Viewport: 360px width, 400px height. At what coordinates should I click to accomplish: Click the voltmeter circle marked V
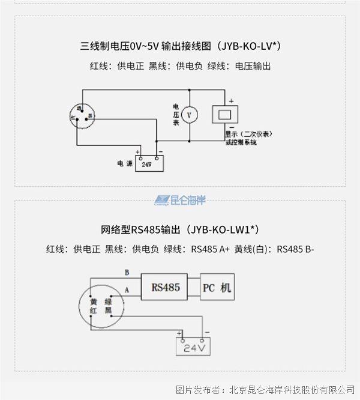point(190,114)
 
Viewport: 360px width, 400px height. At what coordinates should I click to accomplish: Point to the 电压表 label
point(176,114)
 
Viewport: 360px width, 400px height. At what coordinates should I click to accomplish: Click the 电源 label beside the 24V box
point(125,163)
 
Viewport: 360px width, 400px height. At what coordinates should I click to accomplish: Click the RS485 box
point(166,288)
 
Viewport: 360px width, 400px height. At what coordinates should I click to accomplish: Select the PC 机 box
point(216,288)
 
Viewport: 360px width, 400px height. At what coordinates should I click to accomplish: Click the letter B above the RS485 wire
point(127,272)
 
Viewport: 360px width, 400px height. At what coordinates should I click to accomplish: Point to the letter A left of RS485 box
point(127,289)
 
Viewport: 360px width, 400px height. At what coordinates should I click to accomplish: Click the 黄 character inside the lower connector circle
point(94,302)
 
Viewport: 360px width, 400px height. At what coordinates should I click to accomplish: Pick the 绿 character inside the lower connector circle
point(109,302)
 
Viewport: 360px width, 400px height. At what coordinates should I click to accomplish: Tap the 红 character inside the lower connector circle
point(94,311)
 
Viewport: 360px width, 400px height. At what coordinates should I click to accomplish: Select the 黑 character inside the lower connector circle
point(109,311)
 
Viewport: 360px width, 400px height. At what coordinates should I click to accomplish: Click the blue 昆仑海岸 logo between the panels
point(180,200)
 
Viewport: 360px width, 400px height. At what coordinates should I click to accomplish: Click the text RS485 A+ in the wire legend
point(210,249)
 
